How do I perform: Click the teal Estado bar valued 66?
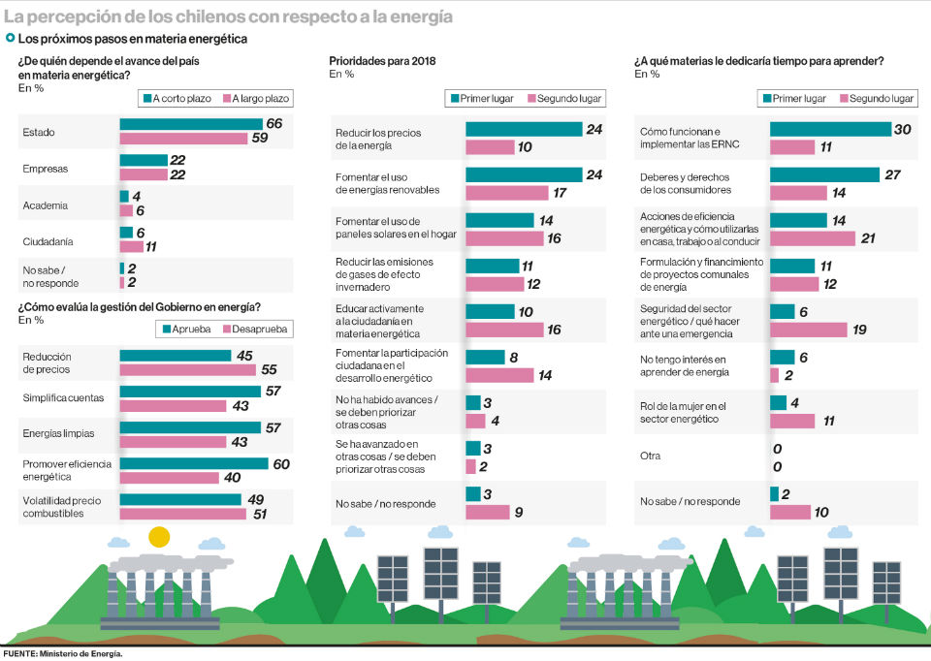[191, 124]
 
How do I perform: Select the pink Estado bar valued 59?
[183, 139]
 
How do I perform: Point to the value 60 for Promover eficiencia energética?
[281, 464]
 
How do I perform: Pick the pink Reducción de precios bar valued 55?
[187, 370]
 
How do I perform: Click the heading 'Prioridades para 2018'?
[382, 61]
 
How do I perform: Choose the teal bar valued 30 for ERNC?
[830, 130]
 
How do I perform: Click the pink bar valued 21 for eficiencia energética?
[813, 238]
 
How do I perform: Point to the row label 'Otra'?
[651, 456]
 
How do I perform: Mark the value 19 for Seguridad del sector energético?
[860, 330]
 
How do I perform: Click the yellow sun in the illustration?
[159, 537]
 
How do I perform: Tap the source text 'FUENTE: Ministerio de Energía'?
[63, 654]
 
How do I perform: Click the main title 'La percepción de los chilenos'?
[228, 17]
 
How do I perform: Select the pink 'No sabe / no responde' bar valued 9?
[488, 512]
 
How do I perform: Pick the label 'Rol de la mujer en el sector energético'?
[683, 412]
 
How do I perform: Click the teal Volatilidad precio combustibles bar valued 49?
[180, 500]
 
